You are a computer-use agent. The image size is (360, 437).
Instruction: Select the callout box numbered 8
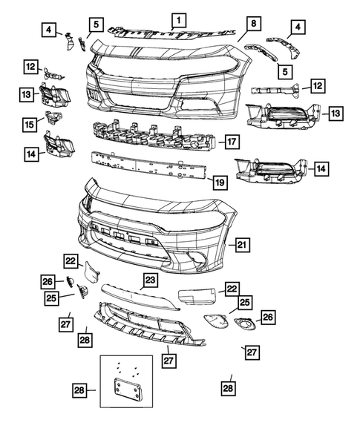[x=253, y=24]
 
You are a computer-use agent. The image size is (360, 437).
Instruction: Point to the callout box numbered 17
[x=231, y=140]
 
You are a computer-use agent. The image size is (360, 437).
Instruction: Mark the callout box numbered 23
[x=150, y=280]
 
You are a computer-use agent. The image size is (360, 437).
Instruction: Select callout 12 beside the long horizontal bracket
[x=317, y=86]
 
